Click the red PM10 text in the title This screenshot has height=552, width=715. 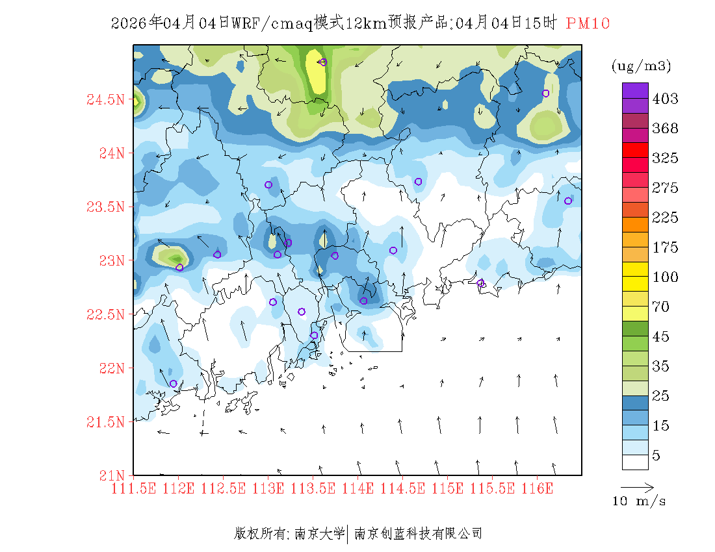coord(588,23)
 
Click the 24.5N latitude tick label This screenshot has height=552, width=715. coord(105,100)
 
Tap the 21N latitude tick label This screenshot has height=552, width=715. coord(110,475)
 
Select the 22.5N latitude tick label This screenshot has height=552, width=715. coord(105,314)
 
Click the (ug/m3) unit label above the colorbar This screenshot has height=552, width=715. coord(641,66)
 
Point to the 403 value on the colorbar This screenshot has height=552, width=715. coord(665,99)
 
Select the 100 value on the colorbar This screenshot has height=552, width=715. coord(665,277)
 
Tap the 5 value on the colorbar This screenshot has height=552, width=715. coord(656,455)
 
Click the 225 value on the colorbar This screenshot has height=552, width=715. coord(665,218)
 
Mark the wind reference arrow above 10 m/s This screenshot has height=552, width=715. coord(636,486)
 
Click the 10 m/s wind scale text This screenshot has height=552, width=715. coord(640,501)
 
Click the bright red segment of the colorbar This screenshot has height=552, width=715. coord(635,150)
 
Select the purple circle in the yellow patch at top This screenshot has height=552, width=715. coord(323,62)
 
